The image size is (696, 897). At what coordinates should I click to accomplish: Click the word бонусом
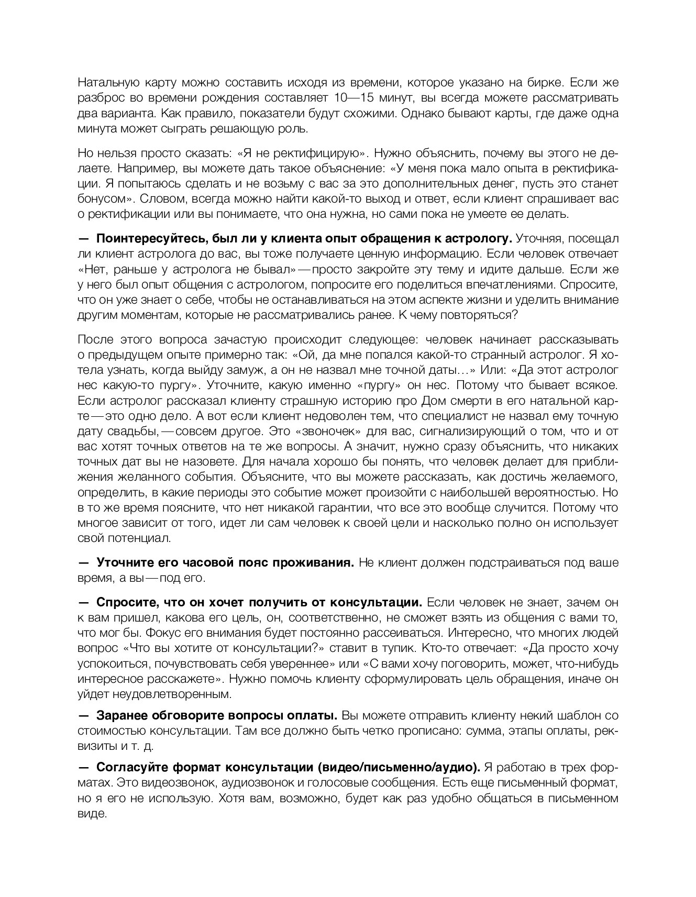tap(102, 199)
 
